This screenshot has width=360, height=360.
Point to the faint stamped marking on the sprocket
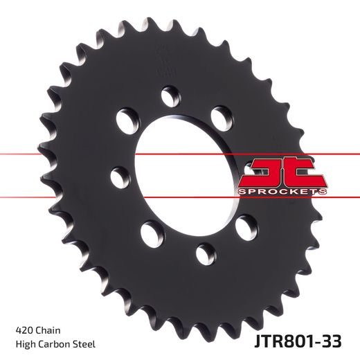(x=164, y=59)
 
